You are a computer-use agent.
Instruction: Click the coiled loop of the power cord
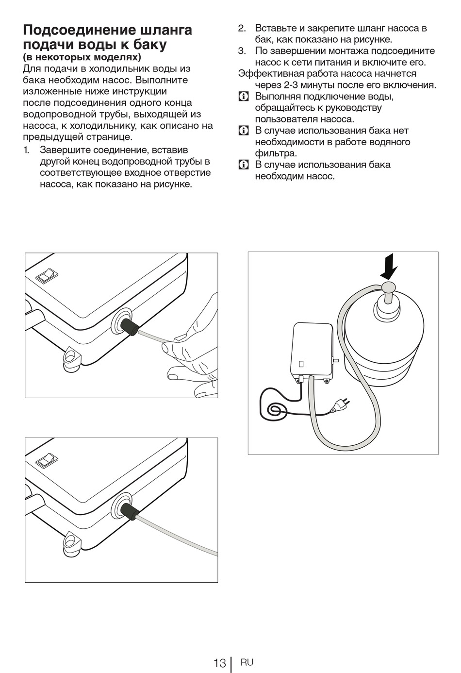(274, 409)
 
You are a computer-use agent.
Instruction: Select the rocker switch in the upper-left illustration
(47, 275)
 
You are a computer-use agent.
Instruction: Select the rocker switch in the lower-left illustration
(47, 460)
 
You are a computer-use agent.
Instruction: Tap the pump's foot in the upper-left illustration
(72, 358)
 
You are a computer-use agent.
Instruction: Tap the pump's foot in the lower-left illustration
(72, 543)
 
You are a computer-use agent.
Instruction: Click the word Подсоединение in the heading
(80, 30)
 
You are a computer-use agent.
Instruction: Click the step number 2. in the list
(242, 28)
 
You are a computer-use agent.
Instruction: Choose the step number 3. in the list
(242, 51)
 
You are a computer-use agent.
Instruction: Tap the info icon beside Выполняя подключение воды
(244, 97)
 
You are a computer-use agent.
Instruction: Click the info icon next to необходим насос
(244, 165)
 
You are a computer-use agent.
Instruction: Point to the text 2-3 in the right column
(291, 85)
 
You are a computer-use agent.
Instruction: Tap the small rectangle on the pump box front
(301, 364)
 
